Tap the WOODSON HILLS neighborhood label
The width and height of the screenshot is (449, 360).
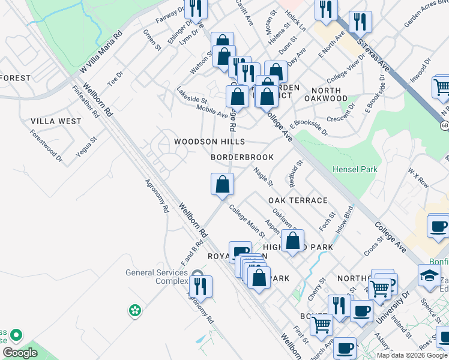[x=209, y=142]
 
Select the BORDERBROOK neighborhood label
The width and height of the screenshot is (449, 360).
[x=243, y=157]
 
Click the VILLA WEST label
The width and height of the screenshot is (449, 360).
[x=56, y=121]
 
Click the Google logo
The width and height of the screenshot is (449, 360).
[x=20, y=353]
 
